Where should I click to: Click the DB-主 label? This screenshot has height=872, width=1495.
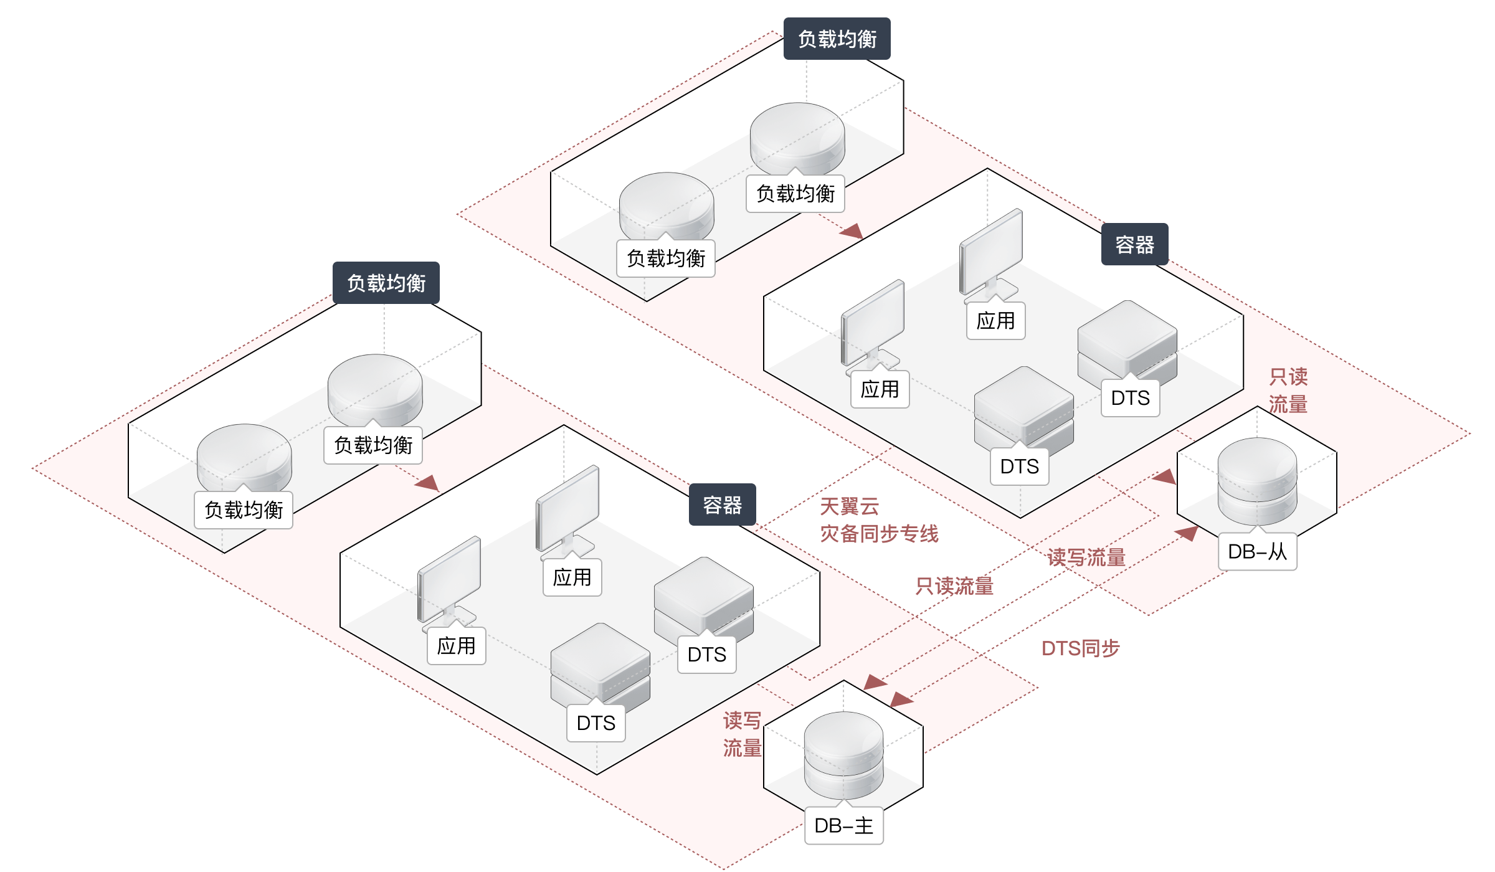point(843,826)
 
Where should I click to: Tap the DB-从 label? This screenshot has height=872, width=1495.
point(1257,552)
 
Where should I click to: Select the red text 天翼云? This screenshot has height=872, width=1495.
point(849,506)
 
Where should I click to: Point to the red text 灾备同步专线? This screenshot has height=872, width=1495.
point(879,534)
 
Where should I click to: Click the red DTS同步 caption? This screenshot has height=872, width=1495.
point(1080,649)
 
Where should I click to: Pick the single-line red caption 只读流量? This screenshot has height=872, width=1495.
point(954,586)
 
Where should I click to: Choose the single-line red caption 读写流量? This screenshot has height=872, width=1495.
point(1086,557)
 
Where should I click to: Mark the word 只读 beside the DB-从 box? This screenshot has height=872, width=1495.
point(1288,377)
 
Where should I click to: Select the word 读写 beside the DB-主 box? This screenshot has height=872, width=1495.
point(742,721)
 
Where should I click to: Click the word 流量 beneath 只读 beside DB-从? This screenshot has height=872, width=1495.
point(1288,405)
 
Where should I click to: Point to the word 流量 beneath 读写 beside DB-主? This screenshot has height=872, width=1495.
point(742,748)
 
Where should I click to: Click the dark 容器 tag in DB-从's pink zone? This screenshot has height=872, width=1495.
point(1134,245)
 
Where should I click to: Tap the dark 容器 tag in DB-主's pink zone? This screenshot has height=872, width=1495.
point(722,505)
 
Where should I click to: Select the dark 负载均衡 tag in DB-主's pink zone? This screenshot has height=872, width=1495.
point(386,283)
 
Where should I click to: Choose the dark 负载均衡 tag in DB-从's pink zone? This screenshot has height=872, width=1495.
point(837,39)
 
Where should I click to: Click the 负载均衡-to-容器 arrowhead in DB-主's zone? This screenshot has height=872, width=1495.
point(428,483)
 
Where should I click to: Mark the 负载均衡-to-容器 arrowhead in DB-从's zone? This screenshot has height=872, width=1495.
point(852,231)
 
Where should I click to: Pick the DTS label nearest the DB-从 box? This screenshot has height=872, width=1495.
point(1130,398)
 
